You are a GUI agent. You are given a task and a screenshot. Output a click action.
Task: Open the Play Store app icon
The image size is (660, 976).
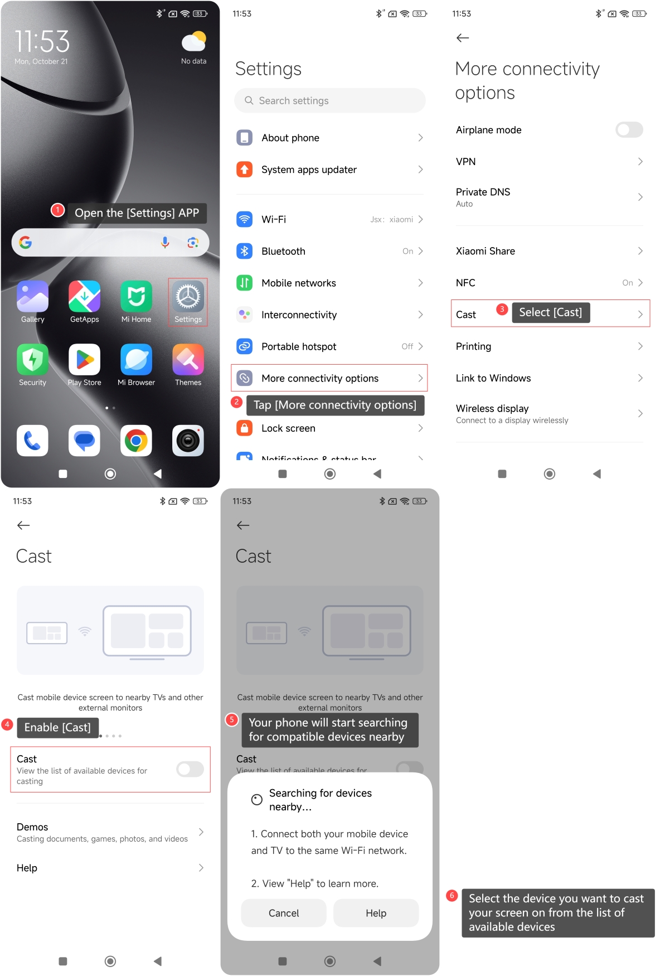pyautogui.click(x=84, y=360)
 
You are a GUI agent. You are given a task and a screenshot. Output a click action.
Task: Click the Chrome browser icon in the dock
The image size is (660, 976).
pyautogui.click(x=136, y=441)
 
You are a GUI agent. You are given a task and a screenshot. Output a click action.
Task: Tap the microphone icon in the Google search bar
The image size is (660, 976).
pyautogui.click(x=165, y=242)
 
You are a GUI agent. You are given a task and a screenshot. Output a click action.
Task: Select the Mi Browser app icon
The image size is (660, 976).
pyautogui.click(x=136, y=360)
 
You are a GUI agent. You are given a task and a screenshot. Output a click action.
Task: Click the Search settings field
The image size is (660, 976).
pyautogui.click(x=330, y=100)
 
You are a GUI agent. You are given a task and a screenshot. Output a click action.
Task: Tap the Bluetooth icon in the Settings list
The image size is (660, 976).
pyautogui.click(x=244, y=251)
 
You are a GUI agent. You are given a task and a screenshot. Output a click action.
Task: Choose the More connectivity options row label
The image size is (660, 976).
pyautogui.click(x=320, y=378)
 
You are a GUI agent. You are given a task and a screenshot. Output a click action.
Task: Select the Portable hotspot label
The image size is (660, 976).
pyautogui.click(x=299, y=346)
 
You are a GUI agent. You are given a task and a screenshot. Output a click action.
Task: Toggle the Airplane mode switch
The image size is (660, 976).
pyautogui.click(x=629, y=130)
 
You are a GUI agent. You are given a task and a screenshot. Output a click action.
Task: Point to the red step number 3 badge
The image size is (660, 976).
pyautogui.click(x=502, y=309)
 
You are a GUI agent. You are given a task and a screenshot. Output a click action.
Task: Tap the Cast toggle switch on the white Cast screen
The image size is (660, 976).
pyautogui.click(x=190, y=769)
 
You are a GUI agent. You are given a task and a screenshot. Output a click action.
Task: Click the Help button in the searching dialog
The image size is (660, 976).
pyautogui.click(x=376, y=913)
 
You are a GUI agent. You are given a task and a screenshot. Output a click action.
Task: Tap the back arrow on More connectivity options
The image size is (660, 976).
pyautogui.click(x=463, y=38)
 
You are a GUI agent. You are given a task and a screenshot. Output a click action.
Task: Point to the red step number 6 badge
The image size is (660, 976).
pyautogui.click(x=452, y=896)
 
